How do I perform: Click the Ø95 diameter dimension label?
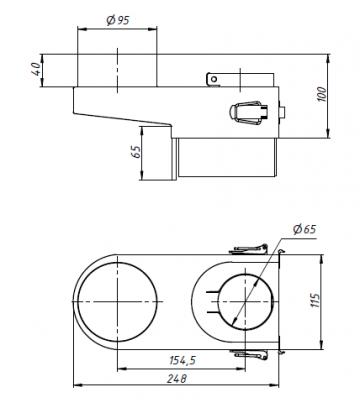tap(118, 21)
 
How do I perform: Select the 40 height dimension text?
tap(36, 69)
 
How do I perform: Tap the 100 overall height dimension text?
tap(321, 94)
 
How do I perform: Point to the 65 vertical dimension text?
tap(135, 152)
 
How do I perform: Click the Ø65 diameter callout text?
tap(304, 229)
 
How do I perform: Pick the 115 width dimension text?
tap(315, 301)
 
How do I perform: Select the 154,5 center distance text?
tap(183, 360)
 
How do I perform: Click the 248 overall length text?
tap(177, 378)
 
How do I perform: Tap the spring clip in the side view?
tap(248, 113)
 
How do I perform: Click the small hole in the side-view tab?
tap(214, 79)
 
